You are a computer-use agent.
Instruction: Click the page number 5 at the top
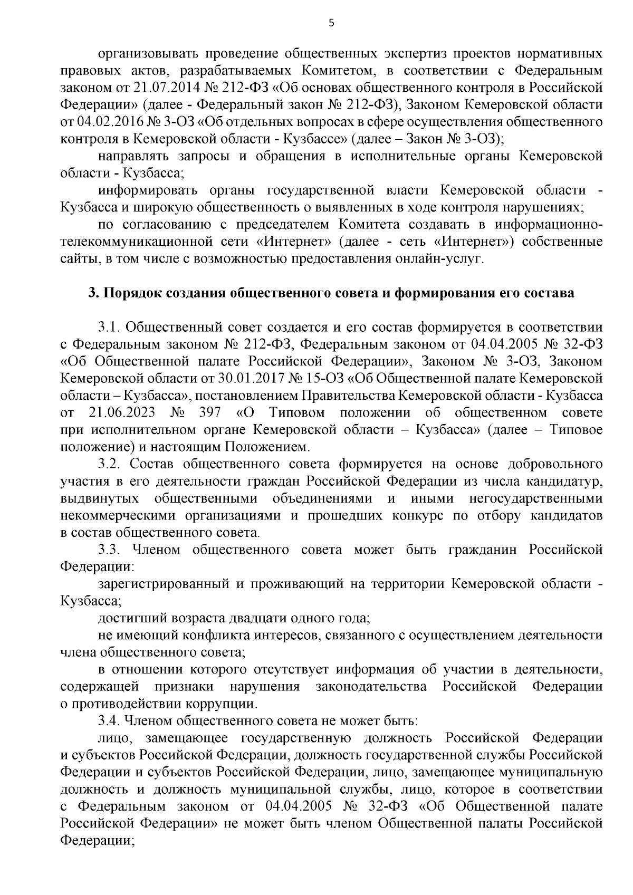[x=331, y=22]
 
